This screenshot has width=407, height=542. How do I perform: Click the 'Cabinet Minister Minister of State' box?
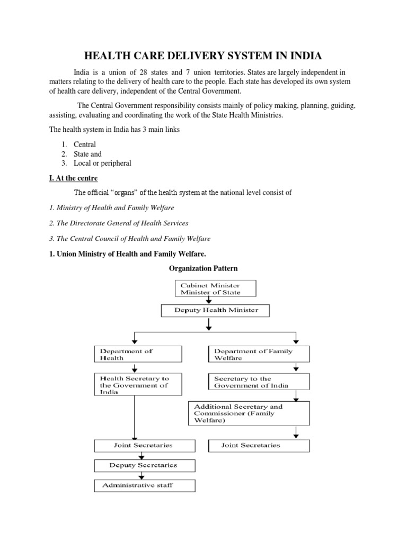point(215,288)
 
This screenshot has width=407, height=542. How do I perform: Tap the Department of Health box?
point(138,354)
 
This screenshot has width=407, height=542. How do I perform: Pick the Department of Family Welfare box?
point(253,354)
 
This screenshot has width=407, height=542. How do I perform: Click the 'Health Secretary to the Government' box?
point(138,385)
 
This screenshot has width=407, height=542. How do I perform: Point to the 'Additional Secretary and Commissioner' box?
point(249,413)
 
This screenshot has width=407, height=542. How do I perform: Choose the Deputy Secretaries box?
point(143,465)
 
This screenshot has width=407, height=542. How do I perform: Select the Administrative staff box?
point(145,485)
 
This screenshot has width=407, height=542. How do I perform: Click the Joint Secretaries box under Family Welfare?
point(259,446)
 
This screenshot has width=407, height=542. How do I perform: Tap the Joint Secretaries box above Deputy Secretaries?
point(143,446)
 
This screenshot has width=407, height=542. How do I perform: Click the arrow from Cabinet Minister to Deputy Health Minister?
point(209,300)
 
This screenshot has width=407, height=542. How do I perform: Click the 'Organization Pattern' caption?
point(203,268)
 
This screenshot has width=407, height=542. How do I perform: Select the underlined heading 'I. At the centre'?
point(73,178)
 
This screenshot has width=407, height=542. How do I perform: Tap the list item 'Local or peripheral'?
point(106,163)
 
